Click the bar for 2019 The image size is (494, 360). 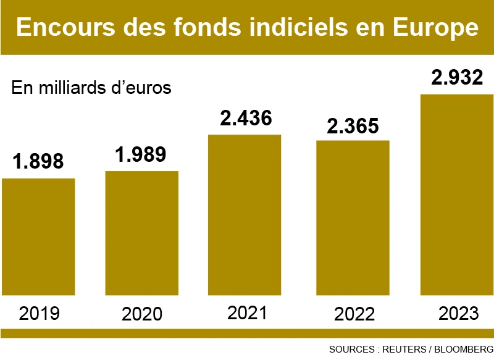[x=38, y=237]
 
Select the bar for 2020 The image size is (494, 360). [x=142, y=233]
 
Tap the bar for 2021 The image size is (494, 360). [x=245, y=215]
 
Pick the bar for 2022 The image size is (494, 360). [x=353, y=218]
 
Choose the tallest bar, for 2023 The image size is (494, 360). [x=457, y=195]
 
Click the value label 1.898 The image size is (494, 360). [x=38, y=162]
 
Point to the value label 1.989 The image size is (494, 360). [x=141, y=154]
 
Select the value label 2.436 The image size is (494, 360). [x=246, y=118]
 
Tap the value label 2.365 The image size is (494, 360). [x=353, y=125]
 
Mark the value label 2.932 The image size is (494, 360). [x=457, y=78]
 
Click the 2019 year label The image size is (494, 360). [x=39, y=313]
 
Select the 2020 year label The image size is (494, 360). [x=142, y=314]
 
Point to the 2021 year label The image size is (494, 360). [x=247, y=312]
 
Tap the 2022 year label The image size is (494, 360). [x=354, y=314]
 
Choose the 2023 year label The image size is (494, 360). [x=458, y=313]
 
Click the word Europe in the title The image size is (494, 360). [x=437, y=28]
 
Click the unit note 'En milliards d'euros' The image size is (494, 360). [x=91, y=87]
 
